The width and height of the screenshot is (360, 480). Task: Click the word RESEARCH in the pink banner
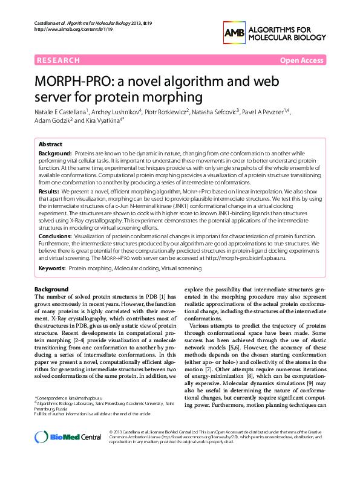click(58, 60)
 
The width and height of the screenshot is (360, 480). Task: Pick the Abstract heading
click(50, 145)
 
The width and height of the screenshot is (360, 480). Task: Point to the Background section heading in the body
click(51, 289)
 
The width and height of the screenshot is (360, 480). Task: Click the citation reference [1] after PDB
click(162, 296)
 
